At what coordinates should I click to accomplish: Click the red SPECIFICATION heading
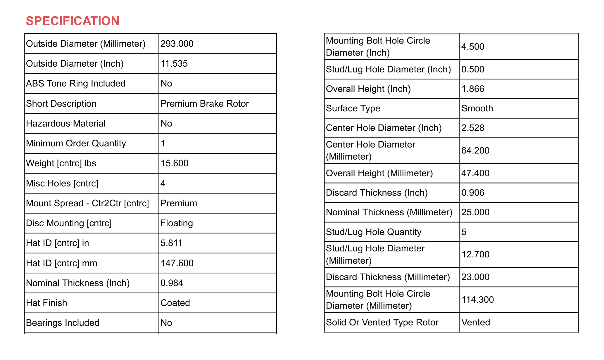[73, 21]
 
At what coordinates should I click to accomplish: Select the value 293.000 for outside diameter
[177, 44]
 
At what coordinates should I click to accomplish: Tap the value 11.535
[174, 64]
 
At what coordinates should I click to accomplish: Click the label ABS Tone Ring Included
[75, 84]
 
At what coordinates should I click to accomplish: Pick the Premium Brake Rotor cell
[205, 104]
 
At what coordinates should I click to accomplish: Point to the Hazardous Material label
[65, 124]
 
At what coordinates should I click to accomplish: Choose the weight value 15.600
[174, 163]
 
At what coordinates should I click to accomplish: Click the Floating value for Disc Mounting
[177, 223]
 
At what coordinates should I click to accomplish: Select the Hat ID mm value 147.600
[177, 263]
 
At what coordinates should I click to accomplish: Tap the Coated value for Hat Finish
[175, 303]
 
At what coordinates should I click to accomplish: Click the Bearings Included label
[63, 323]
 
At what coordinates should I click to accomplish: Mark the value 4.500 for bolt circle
[473, 47]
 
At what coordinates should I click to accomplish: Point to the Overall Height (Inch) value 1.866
[473, 89]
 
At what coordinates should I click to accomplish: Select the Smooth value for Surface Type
[477, 108]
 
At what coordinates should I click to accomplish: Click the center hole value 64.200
[475, 150]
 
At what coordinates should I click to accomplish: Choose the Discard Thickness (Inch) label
[377, 193]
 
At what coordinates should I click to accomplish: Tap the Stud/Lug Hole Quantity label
[374, 232]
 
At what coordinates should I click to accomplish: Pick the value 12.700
[475, 255]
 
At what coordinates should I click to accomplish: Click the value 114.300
[477, 300]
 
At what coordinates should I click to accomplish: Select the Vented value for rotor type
[475, 322]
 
